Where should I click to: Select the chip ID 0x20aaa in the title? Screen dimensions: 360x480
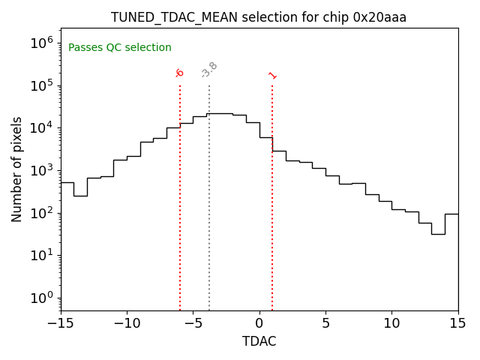(x=379, y=17)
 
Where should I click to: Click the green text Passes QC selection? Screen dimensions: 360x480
(x=120, y=48)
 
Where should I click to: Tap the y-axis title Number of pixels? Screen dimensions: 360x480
(x=17, y=169)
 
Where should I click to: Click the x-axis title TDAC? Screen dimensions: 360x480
(x=259, y=341)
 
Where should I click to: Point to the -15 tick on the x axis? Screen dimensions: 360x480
(x=61, y=323)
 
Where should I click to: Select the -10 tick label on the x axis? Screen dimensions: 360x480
(x=127, y=323)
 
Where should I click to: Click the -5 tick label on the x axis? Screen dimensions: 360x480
(x=193, y=323)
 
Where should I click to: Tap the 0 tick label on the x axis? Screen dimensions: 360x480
(x=259, y=323)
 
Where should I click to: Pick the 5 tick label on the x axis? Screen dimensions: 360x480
(x=325, y=323)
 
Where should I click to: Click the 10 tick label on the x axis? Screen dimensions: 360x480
(x=391, y=323)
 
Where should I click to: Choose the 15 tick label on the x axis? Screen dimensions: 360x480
(x=457, y=323)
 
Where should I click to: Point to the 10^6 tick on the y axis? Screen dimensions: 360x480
(x=42, y=43)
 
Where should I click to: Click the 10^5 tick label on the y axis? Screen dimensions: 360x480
(x=42, y=85)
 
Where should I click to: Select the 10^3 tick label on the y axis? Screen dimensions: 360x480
(x=42, y=170)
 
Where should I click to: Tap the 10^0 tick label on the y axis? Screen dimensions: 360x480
(x=42, y=298)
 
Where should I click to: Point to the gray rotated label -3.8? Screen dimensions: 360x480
(x=209, y=70)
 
